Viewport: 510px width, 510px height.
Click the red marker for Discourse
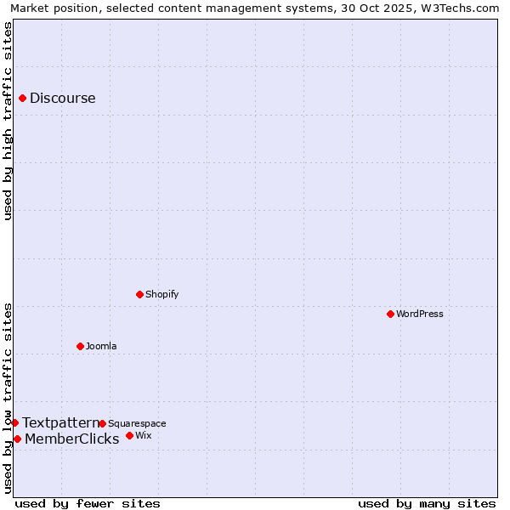(x=22, y=98)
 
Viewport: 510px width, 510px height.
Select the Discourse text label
(x=63, y=98)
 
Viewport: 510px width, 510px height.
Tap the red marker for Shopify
(x=139, y=294)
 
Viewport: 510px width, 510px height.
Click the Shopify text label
(x=161, y=294)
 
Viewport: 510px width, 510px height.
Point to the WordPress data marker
(x=390, y=314)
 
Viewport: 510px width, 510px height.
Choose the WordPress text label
(x=420, y=314)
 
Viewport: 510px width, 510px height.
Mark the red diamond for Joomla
(x=80, y=346)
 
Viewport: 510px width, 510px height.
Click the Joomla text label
(x=101, y=346)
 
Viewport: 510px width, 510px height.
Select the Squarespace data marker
(x=102, y=423)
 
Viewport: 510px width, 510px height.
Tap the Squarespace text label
(x=137, y=423)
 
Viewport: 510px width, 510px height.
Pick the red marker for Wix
(x=129, y=435)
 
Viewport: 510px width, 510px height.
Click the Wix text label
(x=144, y=435)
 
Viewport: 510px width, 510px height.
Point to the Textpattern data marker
(x=14, y=422)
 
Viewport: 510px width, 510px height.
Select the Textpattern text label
(x=60, y=422)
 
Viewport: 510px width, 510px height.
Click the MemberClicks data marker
(x=17, y=439)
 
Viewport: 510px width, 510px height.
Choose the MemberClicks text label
(x=71, y=439)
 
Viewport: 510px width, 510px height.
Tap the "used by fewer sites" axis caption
(x=88, y=503)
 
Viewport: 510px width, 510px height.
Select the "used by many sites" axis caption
(x=427, y=503)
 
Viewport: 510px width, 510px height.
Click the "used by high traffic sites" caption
(x=8, y=121)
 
